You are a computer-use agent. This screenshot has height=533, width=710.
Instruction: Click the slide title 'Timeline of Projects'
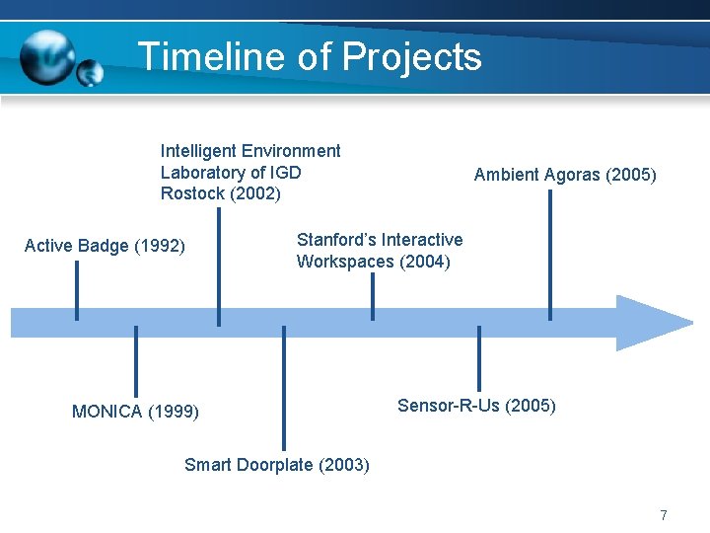[x=310, y=57]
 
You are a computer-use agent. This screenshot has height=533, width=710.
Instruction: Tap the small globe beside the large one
[x=90, y=72]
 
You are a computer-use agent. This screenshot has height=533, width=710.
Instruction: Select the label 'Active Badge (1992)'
[x=105, y=246]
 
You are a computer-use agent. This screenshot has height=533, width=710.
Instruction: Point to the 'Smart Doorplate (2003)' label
[x=276, y=465]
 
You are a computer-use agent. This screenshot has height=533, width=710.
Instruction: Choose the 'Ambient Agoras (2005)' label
[x=564, y=175]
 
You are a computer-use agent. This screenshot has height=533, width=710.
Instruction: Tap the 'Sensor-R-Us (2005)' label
[x=476, y=406]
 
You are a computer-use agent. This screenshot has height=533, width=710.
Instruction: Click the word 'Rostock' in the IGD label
[x=192, y=193]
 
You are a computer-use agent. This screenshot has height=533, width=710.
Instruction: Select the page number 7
[x=664, y=515]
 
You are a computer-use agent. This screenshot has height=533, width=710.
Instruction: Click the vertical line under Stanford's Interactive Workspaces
[x=372, y=296]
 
